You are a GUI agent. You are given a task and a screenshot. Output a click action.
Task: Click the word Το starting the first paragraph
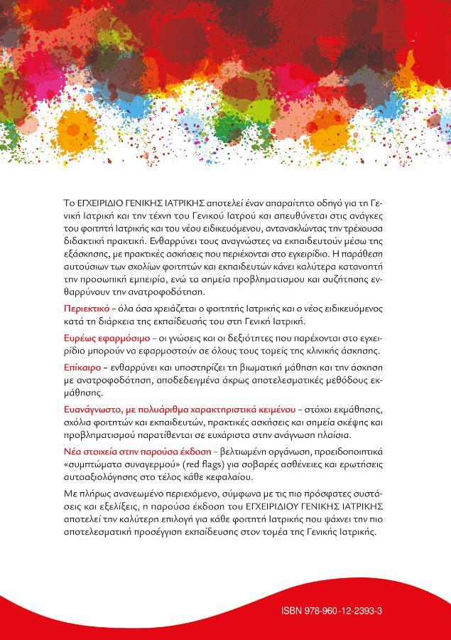point(69,203)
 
